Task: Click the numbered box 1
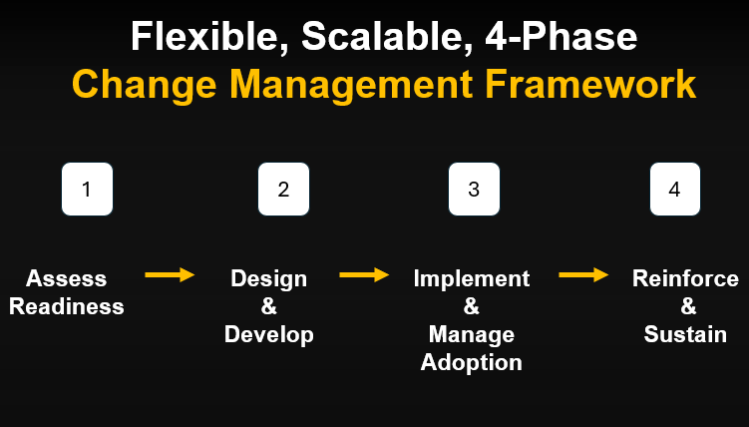(87, 190)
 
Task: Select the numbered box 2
(283, 190)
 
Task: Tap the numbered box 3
(474, 190)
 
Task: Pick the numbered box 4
(675, 190)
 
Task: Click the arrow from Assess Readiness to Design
(170, 274)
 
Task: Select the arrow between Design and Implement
(364, 274)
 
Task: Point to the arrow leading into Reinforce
(583, 274)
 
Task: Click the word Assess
(67, 278)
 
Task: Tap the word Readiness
(67, 306)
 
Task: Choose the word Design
(269, 278)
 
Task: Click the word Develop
(269, 334)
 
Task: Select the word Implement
(472, 278)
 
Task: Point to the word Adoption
(472, 362)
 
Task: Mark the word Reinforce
(685, 278)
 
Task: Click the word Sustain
(685, 334)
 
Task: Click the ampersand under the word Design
(269, 306)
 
